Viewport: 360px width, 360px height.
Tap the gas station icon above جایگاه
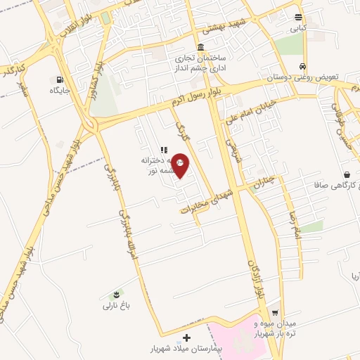point(58,79)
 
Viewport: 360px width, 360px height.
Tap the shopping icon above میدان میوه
point(275,314)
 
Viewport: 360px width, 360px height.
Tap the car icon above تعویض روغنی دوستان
point(302,65)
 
